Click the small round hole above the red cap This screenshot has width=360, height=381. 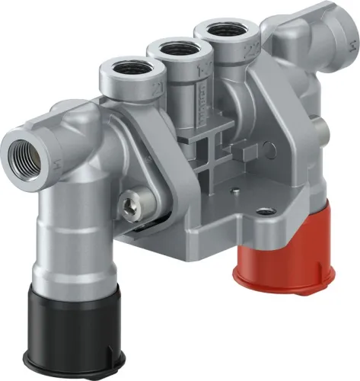(264, 210)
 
